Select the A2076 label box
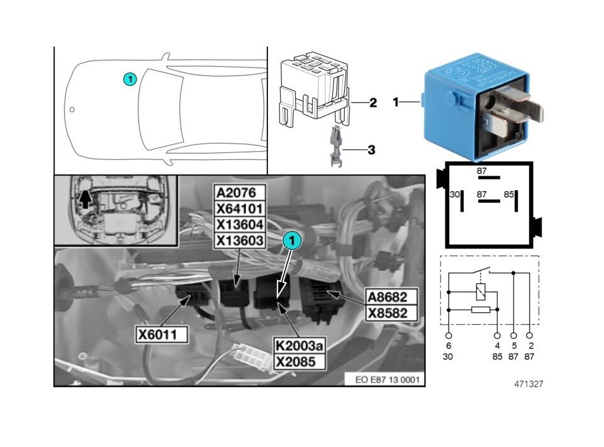(240, 193)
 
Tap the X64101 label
(240, 208)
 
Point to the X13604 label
(240, 225)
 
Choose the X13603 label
(240, 240)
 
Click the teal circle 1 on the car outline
(129, 79)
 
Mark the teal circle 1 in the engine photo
(292, 239)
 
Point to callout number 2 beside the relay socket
(373, 103)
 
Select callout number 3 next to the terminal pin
(371, 150)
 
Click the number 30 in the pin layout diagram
(455, 195)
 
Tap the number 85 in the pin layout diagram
(509, 195)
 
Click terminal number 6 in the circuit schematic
(449, 346)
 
